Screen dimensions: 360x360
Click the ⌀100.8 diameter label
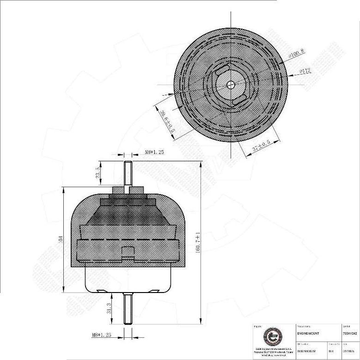click(x=296, y=54)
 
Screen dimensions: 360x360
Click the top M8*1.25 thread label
click(x=155, y=152)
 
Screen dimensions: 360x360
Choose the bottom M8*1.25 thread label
click(x=102, y=335)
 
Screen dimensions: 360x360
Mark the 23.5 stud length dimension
click(x=98, y=174)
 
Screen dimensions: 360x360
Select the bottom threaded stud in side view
click(x=128, y=309)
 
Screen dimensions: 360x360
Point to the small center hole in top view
click(x=231, y=85)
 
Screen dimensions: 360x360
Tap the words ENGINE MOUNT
click(x=308, y=333)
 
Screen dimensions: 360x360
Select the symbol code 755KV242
click(x=350, y=333)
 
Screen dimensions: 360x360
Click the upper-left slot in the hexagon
click(x=221, y=72)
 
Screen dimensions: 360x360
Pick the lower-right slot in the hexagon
click(x=239, y=99)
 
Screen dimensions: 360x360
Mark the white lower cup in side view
click(x=128, y=279)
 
